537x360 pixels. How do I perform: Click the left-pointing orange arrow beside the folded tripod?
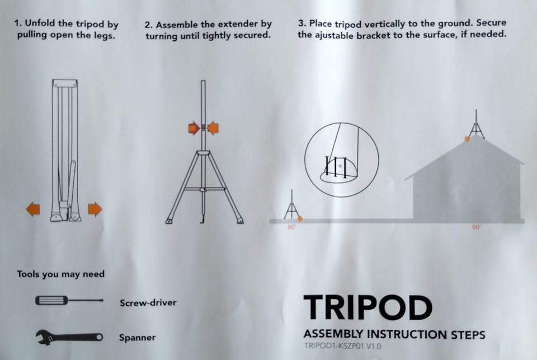point(33,209)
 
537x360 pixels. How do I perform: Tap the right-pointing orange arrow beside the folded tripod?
point(95,209)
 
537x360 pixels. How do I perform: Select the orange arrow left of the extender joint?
point(194,128)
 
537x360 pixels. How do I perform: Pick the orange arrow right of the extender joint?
point(213,128)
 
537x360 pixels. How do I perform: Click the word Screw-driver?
point(148,303)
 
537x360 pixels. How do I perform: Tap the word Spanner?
point(138,338)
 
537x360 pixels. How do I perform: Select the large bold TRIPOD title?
point(368,307)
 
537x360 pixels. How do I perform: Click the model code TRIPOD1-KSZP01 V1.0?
point(342,345)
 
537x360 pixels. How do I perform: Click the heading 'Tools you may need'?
point(60,274)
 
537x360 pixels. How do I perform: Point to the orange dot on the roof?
point(467,139)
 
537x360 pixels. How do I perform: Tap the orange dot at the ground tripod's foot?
point(300,218)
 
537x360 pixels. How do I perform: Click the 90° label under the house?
point(477,227)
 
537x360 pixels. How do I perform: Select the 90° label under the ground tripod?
point(291,227)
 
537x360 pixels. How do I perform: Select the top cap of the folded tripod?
point(65,83)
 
